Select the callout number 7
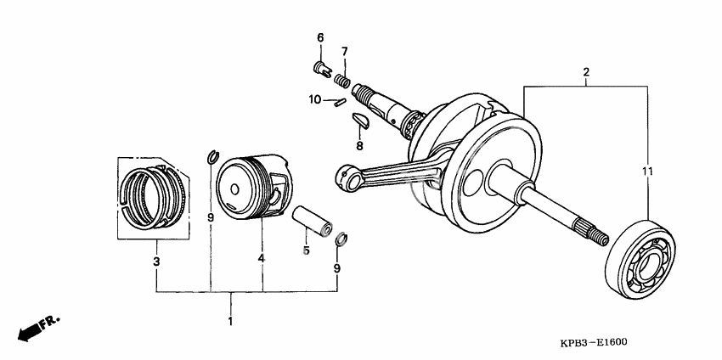345,53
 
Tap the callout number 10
314,99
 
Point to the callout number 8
359,145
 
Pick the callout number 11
646,173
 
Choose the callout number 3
156,262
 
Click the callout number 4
262,257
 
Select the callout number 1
229,322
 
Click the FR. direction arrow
37,327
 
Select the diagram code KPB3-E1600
593,342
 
